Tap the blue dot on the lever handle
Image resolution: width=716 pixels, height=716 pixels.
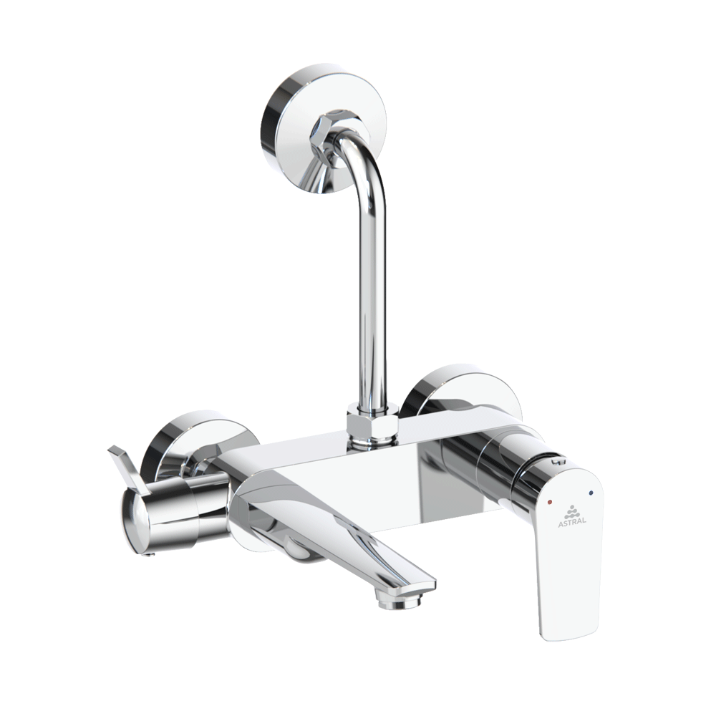[589, 493]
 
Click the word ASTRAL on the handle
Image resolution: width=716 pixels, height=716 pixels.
[571, 521]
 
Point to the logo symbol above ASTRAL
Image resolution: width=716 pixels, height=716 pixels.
[571, 510]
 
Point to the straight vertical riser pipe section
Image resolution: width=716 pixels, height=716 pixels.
[371, 301]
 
